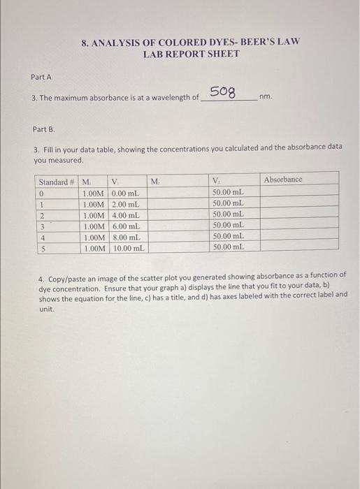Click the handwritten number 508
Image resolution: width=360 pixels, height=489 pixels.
(x=223, y=93)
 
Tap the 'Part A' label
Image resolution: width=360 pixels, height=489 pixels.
(x=41, y=77)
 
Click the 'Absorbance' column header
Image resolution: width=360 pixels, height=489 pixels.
(x=283, y=180)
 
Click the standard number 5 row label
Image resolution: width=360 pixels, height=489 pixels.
(x=42, y=248)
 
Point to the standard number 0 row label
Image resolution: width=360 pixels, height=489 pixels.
(x=42, y=193)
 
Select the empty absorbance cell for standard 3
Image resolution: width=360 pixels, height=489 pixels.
(x=300, y=226)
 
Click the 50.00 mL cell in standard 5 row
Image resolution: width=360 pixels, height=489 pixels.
(x=228, y=247)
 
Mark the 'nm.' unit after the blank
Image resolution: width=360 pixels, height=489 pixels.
(x=265, y=98)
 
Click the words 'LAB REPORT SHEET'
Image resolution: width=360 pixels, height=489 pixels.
(x=191, y=54)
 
